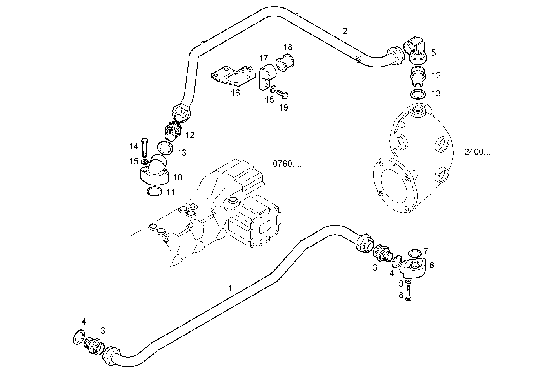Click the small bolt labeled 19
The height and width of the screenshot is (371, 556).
tap(282, 95)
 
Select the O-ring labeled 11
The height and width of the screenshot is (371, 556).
tap(154, 192)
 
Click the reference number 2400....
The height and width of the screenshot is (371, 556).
tap(478, 153)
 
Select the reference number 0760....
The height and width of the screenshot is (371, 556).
tap(287, 164)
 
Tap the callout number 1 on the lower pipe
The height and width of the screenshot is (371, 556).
tap(230, 288)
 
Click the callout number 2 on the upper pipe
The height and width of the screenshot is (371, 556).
tap(345, 31)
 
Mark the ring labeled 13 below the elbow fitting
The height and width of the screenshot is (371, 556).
tap(418, 95)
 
